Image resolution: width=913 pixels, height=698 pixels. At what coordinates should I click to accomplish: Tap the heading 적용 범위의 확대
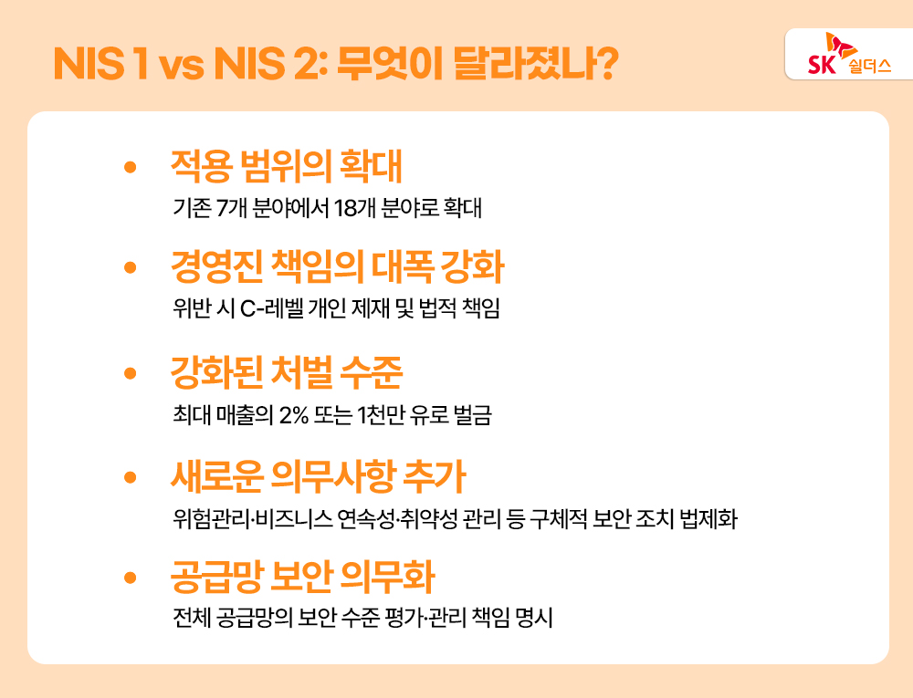pyautogui.click(x=287, y=166)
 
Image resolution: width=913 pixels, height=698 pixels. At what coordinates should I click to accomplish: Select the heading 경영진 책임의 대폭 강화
pyautogui.click(x=337, y=268)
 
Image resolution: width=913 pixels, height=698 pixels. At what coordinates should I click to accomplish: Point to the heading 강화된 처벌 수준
pyautogui.click(x=287, y=372)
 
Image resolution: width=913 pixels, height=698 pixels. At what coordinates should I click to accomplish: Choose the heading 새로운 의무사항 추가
pyautogui.click(x=319, y=475)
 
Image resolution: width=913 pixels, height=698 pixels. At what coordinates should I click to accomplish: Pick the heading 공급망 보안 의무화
pyautogui.click(x=302, y=578)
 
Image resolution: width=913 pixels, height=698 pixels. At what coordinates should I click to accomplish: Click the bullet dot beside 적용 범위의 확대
pyautogui.click(x=130, y=168)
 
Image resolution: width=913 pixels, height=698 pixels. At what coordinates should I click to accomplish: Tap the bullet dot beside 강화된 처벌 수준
pyautogui.click(x=130, y=373)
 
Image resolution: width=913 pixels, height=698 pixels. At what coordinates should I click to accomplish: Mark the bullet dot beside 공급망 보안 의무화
pyautogui.click(x=130, y=578)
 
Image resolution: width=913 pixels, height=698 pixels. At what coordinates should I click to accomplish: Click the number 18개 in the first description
pyautogui.click(x=353, y=208)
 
